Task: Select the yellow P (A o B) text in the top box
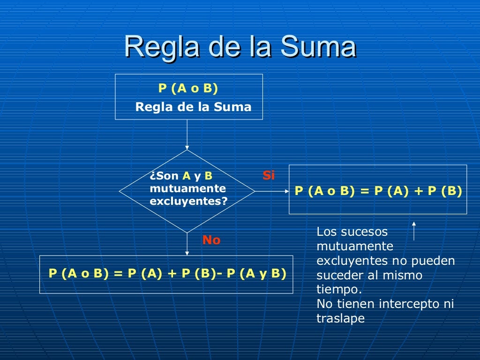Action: pyautogui.click(x=188, y=89)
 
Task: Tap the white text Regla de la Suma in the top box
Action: pyautogui.click(x=193, y=107)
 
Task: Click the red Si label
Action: pyautogui.click(x=269, y=176)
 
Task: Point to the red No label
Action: pyautogui.click(x=211, y=240)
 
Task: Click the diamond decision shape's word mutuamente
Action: pyautogui.click(x=187, y=188)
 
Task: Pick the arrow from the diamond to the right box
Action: pyautogui.click(x=272, y=191)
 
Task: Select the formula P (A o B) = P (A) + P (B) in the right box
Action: pyautogui.click(x=378, y=191)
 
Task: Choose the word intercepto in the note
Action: pyautogui.click(x=408, y=304)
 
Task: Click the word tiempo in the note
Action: pyautogui.click(x=338, y=289)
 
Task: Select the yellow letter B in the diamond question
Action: pyautogui.click(x=209, y=176)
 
